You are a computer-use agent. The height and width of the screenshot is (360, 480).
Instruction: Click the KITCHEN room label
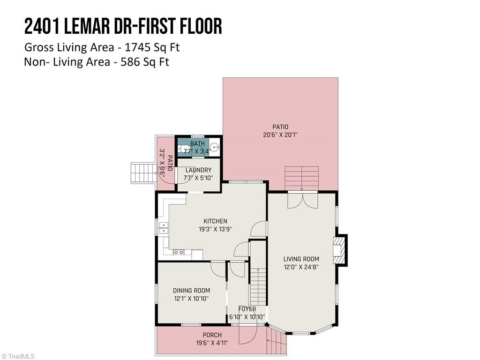[x=215, y=221]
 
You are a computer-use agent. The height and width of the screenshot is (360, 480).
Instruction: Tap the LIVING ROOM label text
[x=301, y=259]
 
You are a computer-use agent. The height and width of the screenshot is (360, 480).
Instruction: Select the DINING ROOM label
[x=191, y=290]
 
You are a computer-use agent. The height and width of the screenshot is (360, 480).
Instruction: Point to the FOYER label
[x=247, y=309]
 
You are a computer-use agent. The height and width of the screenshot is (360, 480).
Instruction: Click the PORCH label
[x=212, y=335]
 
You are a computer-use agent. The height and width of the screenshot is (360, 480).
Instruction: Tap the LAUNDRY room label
[x=198, y=170]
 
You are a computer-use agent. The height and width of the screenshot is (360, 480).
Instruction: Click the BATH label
[x=197, y=143]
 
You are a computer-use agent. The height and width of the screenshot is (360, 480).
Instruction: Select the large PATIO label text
[x=280, y=127]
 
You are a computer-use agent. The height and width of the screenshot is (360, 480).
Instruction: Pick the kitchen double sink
[x=164, y=228]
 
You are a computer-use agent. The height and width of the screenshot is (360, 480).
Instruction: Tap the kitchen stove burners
[x=179, y=252]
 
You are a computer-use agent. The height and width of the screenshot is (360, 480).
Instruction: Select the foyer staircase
[x=257, y=286]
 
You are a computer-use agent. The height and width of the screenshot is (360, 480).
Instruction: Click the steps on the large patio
[x=301, y=178]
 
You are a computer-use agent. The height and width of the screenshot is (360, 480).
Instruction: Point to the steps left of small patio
[x=142, y=174]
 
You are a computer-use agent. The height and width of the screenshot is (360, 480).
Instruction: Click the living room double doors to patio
[x=302, y=201]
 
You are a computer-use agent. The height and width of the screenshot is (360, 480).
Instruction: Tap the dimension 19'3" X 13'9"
[x=215, y=229]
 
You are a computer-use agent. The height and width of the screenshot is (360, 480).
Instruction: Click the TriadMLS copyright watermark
[x=18, y=356]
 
